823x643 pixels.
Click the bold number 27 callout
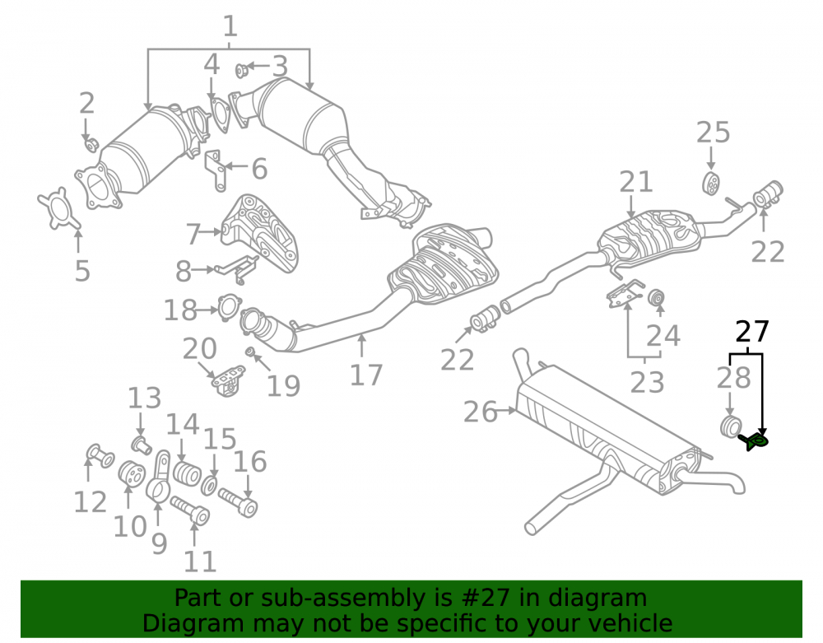click(751, 332)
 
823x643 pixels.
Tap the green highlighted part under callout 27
click(755, 441)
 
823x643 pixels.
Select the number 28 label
click(734, 378)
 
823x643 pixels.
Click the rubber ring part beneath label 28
click(730, 426)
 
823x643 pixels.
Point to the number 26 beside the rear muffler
click(480, 412)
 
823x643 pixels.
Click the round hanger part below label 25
click(711, 184)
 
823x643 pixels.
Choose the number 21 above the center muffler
click(635, 182)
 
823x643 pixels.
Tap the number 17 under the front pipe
click(366, 375)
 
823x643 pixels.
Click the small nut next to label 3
click(241, 70)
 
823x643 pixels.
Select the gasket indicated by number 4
click(221, 114)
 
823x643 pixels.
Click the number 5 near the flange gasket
click(82, 271)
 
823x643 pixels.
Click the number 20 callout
click(199, 348)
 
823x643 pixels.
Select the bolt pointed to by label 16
click(238, 501)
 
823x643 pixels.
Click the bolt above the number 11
click(190, 510)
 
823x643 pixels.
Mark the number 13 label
click(145, 398)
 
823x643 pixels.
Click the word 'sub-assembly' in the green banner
click(343, 599)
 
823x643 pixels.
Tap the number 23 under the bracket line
click(647, 382)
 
